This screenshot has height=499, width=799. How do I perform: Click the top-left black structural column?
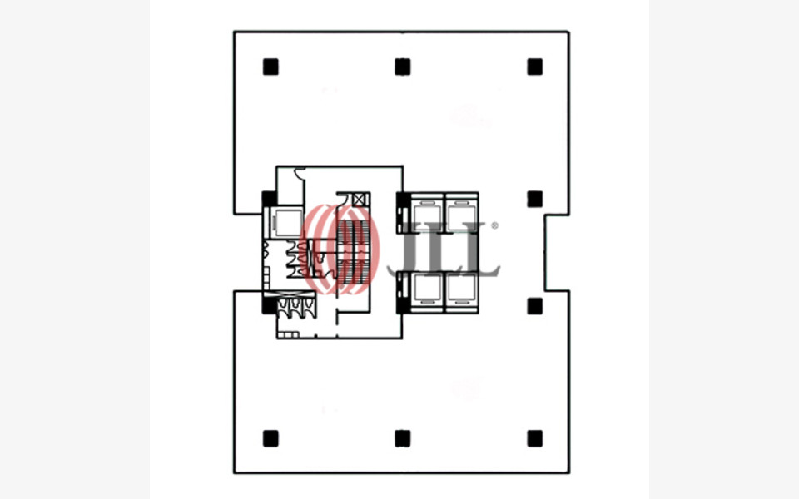click(x=270, y=67)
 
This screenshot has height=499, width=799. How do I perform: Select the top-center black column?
click(x=403, y=67)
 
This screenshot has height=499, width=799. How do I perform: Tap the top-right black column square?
click(x=534, y=67)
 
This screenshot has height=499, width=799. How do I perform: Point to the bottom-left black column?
click(x=270, y=438)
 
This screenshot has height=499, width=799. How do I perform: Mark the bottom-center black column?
click(x=403, y=438)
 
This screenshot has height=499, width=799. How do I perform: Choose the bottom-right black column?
click(x=534, y=438)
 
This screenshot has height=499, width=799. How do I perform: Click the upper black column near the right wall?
click(x=534, y=199)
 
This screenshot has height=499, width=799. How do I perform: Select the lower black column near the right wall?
click(x=534, y=305)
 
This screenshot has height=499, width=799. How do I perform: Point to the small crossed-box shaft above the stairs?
click(x=360, y=199)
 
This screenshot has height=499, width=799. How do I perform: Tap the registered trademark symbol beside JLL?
click(x=494, y=225)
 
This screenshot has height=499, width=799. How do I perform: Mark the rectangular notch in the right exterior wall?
click(x=556, y=252)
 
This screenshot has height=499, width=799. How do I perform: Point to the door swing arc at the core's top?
click(x=300, y=175)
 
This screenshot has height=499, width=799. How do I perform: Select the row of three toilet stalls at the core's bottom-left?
click(x=292, y=309)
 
